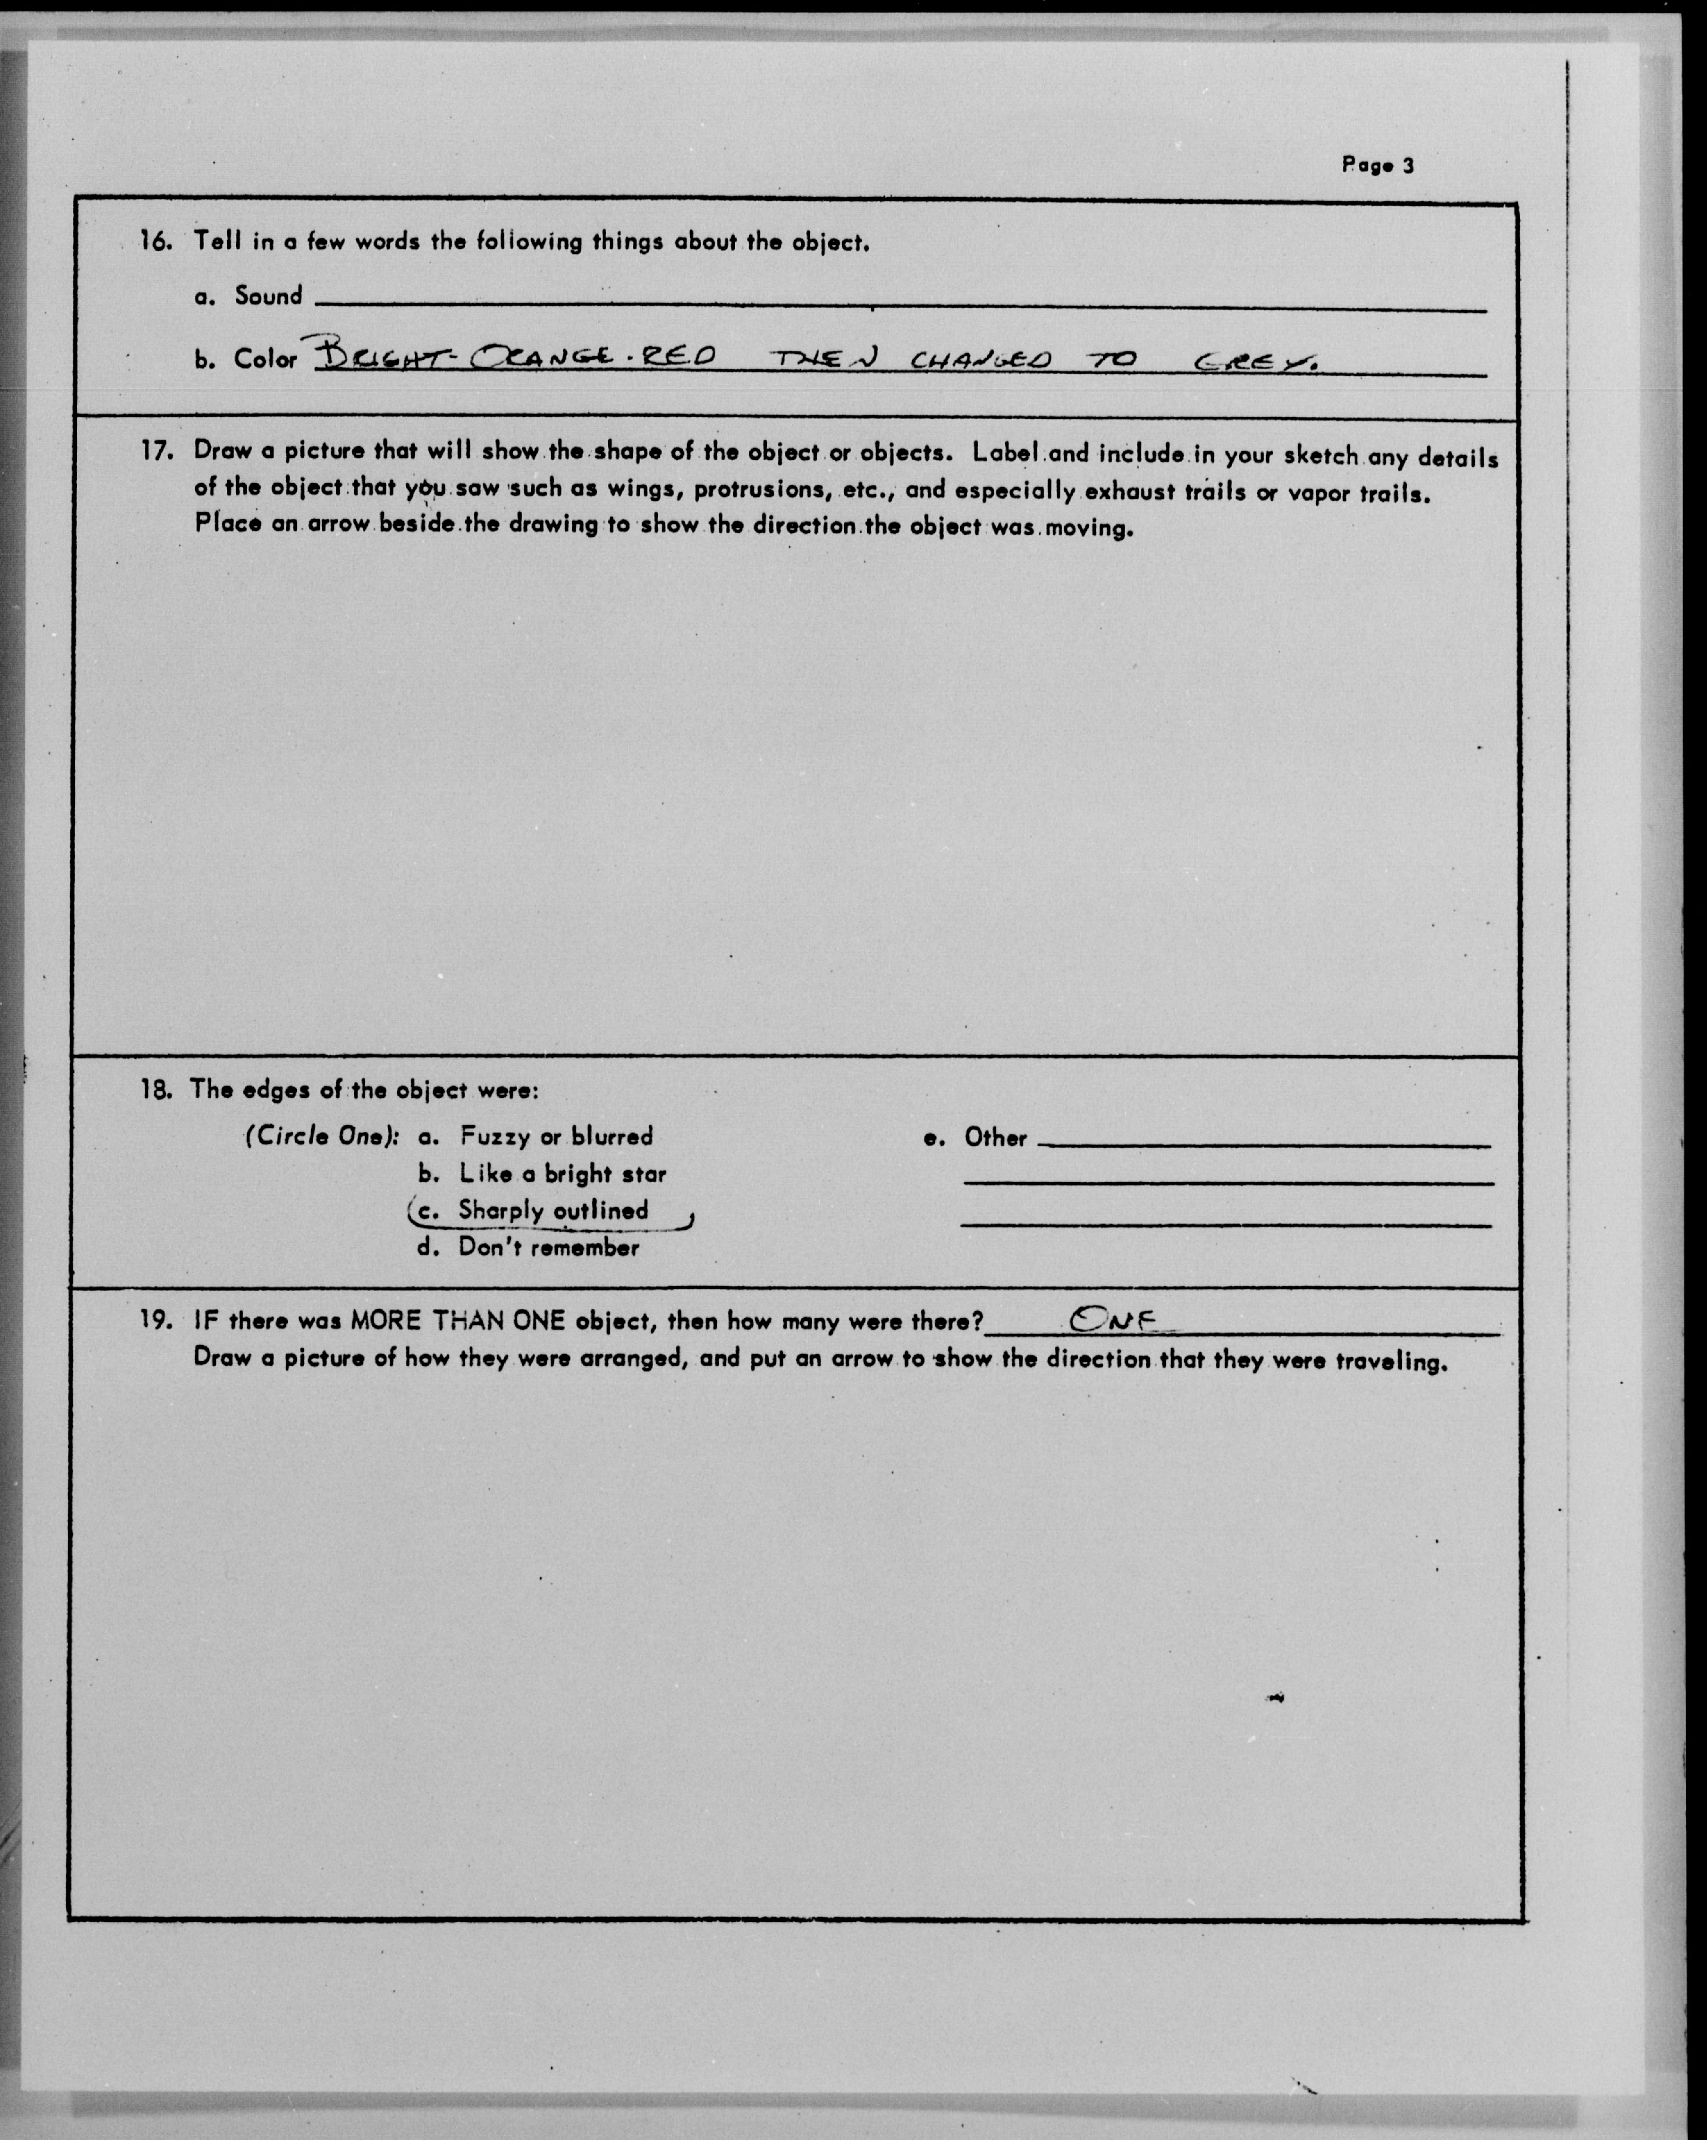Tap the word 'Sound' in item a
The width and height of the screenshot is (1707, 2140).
click(x=268, y=296)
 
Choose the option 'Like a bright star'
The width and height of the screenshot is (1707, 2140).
click(x=562, y=1174)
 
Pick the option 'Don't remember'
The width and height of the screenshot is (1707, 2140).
click(x=548, y=1248)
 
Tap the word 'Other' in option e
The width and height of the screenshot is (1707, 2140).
click(x=995, y=1137)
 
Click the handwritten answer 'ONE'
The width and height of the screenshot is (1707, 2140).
click(x=1113, y=1318)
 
